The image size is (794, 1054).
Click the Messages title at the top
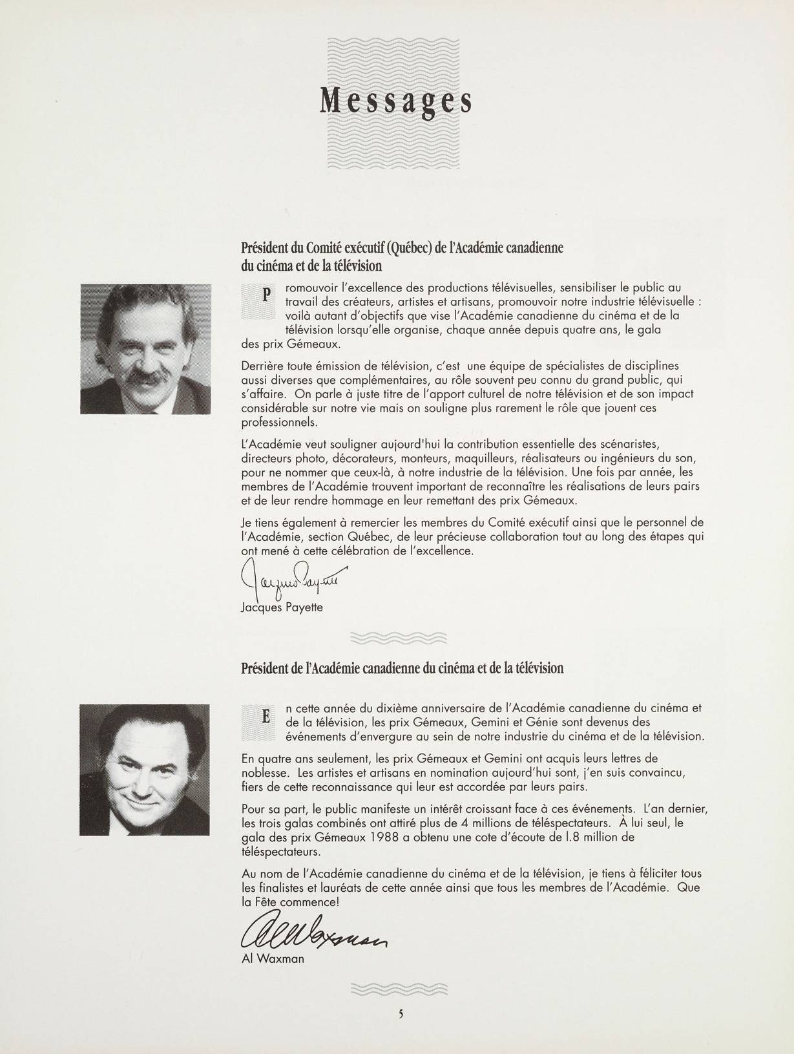pyautogui.click(x=395, y=101)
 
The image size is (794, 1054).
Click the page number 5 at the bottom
pyautogui.click(x=401, y=1014)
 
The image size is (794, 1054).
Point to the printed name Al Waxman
pyautogui.click(x=272, y=958)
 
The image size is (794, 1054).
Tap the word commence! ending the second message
pyautogui.click(x=312, y=901)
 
